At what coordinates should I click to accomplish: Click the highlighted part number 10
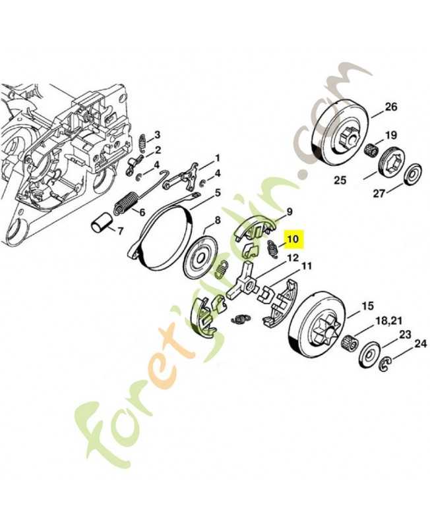[292, 239]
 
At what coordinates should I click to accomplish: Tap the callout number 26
[390, 107]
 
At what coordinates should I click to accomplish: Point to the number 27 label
[379, 194]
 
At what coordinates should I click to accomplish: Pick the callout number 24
[419, 343]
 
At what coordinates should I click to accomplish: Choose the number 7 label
[120, 232]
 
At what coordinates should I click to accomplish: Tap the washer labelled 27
[415, 171]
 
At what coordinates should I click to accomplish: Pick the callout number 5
[217, 194]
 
